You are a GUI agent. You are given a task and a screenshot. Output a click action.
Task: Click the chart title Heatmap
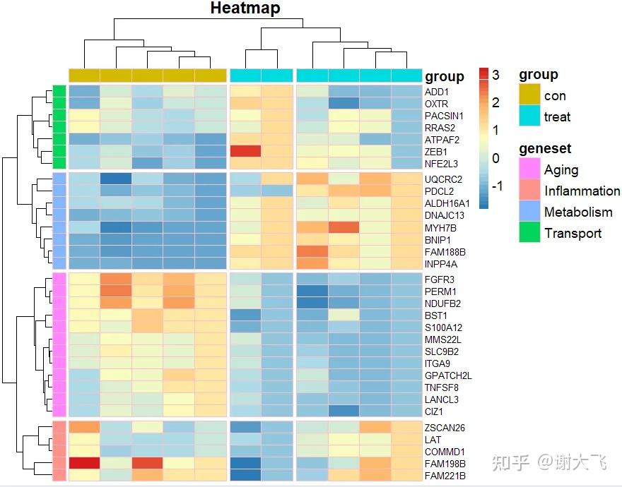pos(245,8)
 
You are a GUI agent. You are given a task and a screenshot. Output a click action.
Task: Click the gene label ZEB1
pos(436,152)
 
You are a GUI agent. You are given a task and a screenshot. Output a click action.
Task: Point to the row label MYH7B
pos(440,227)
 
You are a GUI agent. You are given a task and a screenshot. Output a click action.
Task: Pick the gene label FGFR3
pos(439,279)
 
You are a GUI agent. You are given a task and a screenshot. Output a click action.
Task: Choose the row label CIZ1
pos(435,411)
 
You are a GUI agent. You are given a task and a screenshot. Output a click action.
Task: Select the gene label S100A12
pos(443,327)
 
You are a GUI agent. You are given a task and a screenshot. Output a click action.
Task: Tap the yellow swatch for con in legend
pos(529,95)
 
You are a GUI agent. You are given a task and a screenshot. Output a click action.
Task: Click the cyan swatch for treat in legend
pos(529,116)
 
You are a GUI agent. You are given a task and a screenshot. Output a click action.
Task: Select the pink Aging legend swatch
pos(529,170)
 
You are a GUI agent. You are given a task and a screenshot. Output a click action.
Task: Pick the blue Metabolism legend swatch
pos(529,212)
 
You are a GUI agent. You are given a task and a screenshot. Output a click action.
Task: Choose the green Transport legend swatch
pos(529,233)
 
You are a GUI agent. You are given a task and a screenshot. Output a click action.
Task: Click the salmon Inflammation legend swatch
pos(529,191)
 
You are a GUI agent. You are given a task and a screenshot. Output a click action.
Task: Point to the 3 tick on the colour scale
pos(496,75)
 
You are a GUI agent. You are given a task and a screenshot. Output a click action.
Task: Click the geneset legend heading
pos(545,149)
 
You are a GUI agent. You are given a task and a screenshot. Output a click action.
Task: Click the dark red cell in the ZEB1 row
pos(245,151)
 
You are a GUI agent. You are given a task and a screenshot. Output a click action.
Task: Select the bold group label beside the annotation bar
pos(445,76)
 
